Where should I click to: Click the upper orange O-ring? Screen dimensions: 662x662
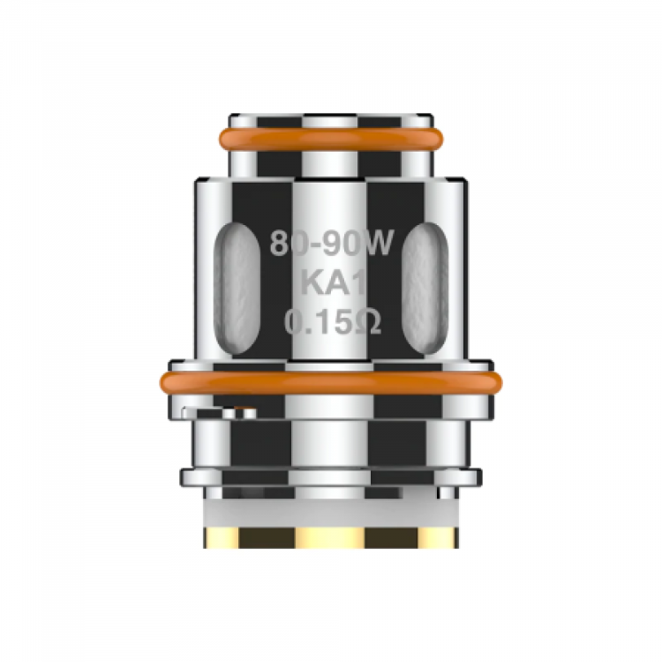click(x=331, y=139)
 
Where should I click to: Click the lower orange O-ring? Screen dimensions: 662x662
click(x=331, y=381)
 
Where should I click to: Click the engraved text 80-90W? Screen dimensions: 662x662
click(x=330, y=244)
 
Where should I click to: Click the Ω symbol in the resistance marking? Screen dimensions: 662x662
click(x=369, y=323)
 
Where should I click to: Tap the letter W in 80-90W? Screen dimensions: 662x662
click(x=374, y=244)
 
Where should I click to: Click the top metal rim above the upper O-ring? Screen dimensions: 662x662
click(x=331, y=121)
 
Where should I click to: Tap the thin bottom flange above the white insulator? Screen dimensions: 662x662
click(x=331, y=478)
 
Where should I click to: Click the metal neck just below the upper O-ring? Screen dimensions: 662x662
click(x=331, y=162)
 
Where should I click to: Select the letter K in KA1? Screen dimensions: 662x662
click(x=310, y=283)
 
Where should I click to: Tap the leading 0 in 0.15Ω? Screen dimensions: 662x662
click(x=294, y=323)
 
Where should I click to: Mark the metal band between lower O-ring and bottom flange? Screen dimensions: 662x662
click(x=331, y=437)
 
